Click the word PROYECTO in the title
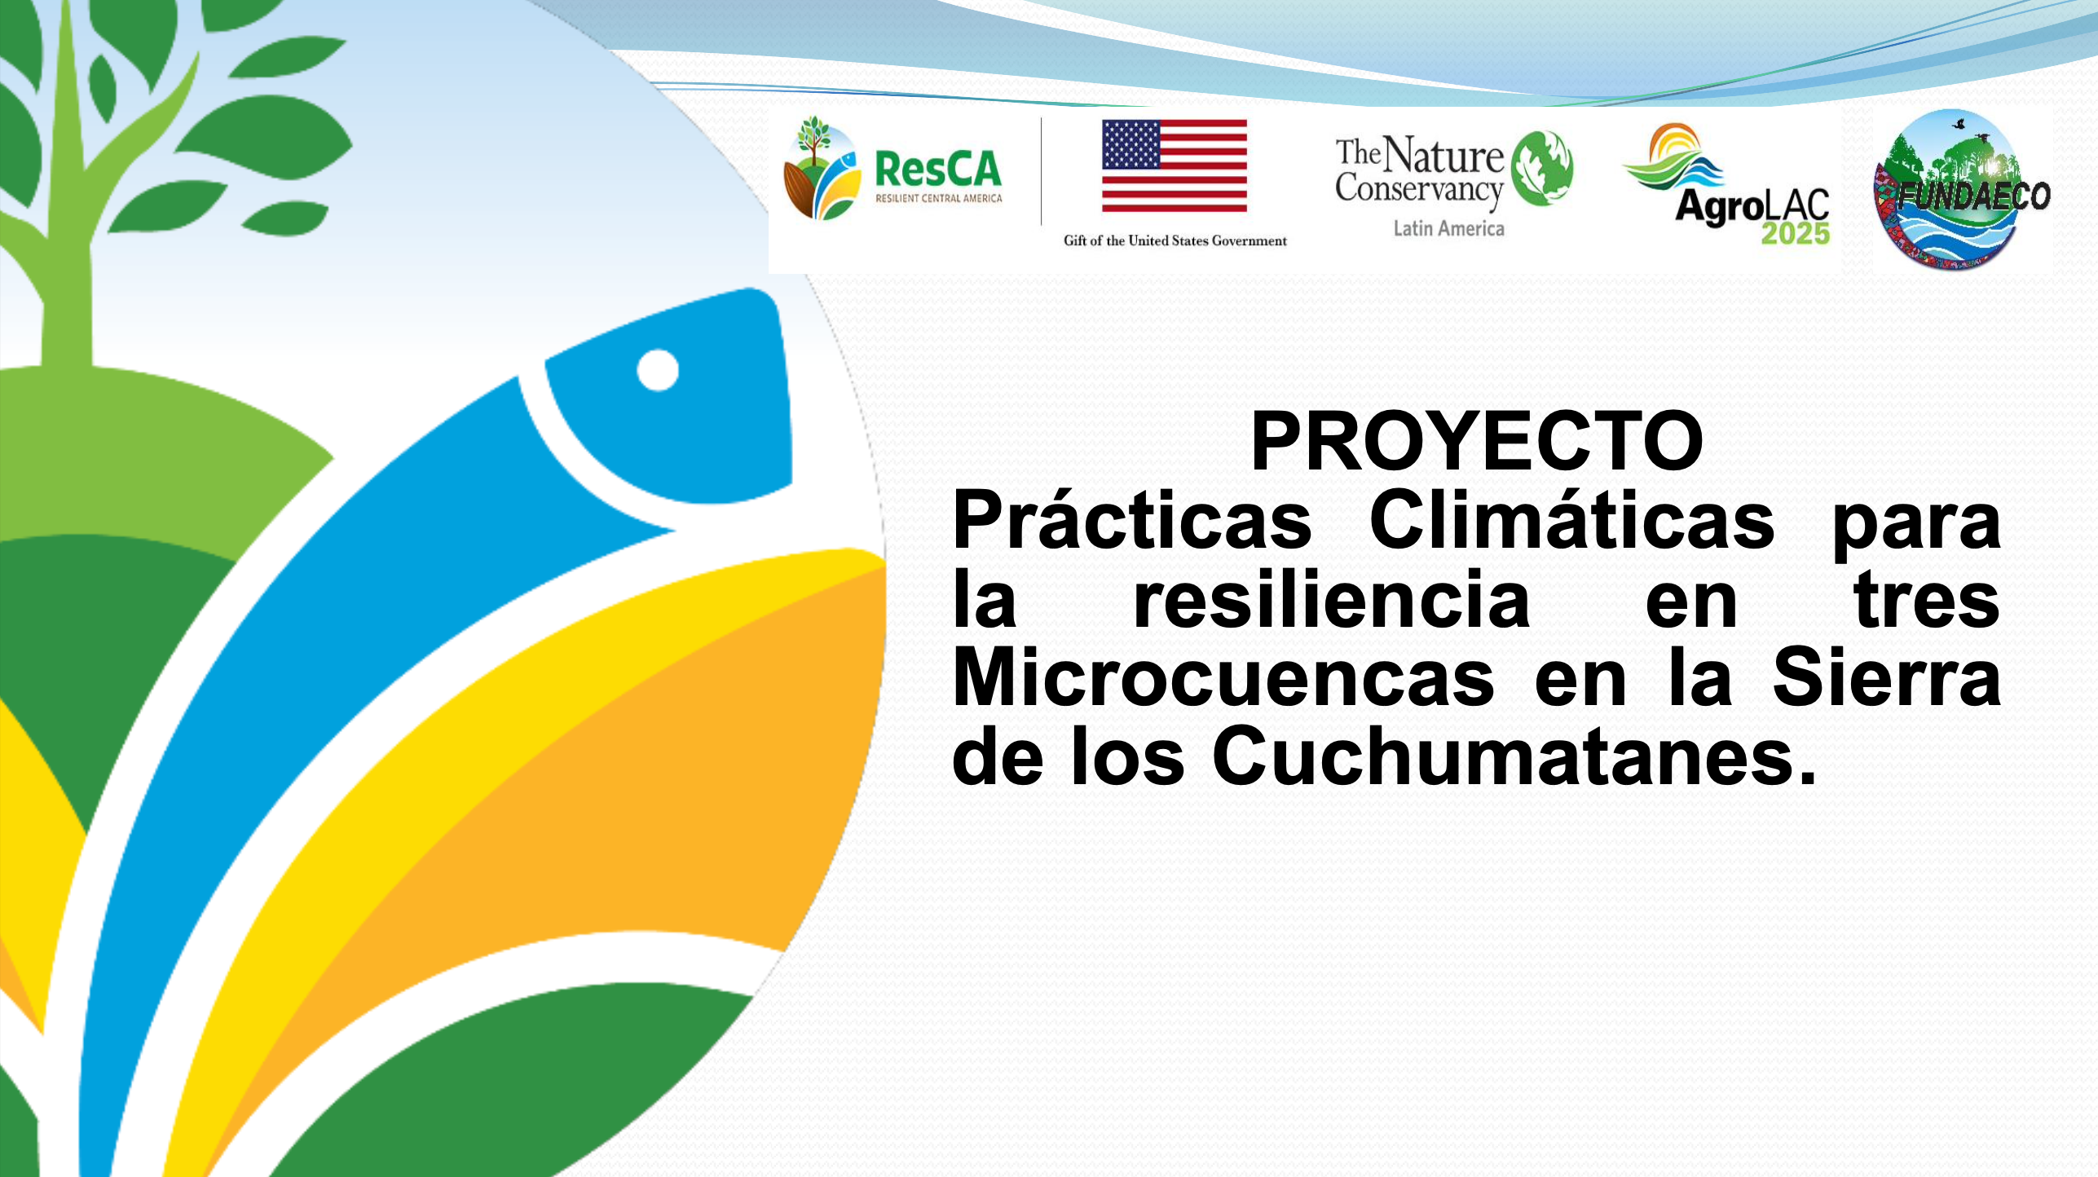(x=1477, y=441)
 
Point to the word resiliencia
(x=1332, y=599)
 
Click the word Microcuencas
(x=1223, y=677)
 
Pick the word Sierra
(x=1887, y=677)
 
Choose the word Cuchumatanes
(x=1514, y=756)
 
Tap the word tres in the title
(x=1927, y=601)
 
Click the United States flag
(x=1175, y=166)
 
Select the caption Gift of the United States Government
(x=1175, y=240)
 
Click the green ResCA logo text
(x=938, y=170)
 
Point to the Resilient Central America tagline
(x=938, y=198)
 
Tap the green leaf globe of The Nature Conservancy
(x=1542, y=168)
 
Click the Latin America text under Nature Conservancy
(x=1448, y=229)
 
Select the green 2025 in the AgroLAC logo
(x=1796, y=233)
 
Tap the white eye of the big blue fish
(x=658, y=370)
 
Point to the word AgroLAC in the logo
(x=1752, y=206)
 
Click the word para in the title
(x=1916, y=526)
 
